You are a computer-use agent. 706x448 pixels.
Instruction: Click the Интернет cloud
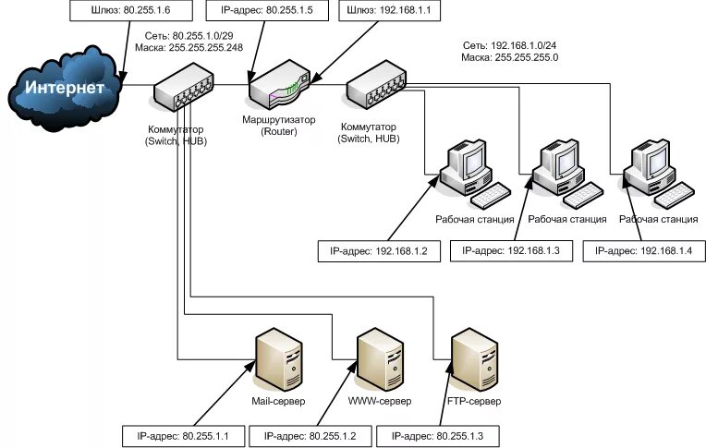65,88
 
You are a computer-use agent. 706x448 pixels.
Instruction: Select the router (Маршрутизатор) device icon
279,85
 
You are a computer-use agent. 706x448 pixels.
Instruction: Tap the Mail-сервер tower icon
278,360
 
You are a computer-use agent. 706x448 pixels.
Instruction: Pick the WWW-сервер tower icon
380,360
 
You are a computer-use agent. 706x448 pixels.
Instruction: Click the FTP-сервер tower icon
474,360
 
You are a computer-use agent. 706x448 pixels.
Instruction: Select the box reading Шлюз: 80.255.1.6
131,10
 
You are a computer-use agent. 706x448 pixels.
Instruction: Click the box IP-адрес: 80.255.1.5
267,10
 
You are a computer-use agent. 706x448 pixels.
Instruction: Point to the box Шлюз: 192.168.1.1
389,10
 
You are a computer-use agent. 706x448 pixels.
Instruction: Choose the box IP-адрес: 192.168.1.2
379,251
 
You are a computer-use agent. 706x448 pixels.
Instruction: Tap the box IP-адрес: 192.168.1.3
511,251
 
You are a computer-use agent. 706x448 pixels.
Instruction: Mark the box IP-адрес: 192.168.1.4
644,251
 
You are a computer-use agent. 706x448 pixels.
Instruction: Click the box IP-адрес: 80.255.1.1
183,436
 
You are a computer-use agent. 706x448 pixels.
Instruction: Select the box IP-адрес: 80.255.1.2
310,436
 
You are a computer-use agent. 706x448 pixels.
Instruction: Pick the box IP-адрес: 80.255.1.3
438,436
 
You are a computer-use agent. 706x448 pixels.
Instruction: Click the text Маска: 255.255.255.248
189,48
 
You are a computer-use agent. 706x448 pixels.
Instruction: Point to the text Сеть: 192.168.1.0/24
510,45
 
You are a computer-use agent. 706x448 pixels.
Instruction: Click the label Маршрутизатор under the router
279,120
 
